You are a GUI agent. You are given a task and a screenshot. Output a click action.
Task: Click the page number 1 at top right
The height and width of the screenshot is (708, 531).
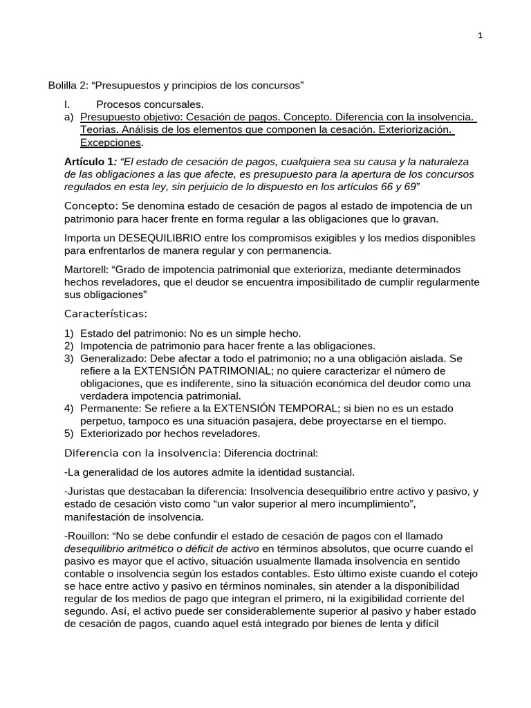pyautogui.click(x=480, y=37)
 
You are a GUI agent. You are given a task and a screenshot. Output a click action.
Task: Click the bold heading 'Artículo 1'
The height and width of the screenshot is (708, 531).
pyautogui.click(x=88, y=161)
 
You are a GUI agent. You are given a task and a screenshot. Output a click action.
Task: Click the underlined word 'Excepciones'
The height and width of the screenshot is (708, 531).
pyautogui.click(x=111, y=142)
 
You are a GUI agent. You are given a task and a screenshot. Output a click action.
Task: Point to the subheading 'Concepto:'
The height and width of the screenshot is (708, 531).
pyautogui.click(x=92, y=206)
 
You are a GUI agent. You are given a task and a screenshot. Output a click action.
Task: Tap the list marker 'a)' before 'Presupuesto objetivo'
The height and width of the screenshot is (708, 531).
pyautogui.click(x=68, y=117)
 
